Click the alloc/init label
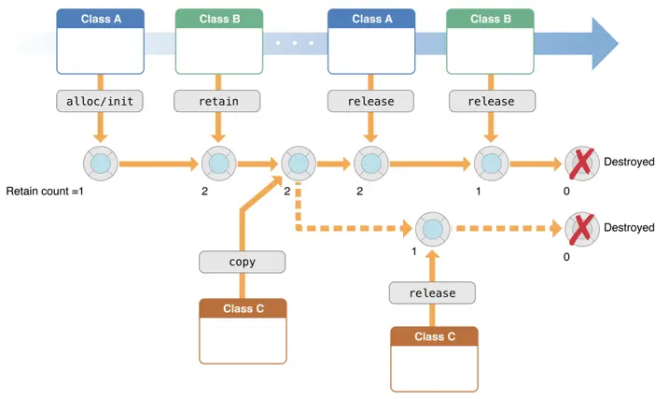(99, 101)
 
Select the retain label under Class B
(217, 101)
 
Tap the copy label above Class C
(242, 262)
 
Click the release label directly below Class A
(371, 101)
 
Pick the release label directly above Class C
(432, 292)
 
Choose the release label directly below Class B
(491, 101)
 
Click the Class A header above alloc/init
(100, 19)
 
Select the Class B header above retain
(218, 19)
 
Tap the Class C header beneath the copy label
(243, 308)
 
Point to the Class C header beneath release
(434, 336)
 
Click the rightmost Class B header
(491, 19)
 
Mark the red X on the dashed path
(581, 228)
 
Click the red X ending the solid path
(581, 164)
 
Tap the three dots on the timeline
(294, 43)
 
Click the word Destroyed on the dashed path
(629, 228)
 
